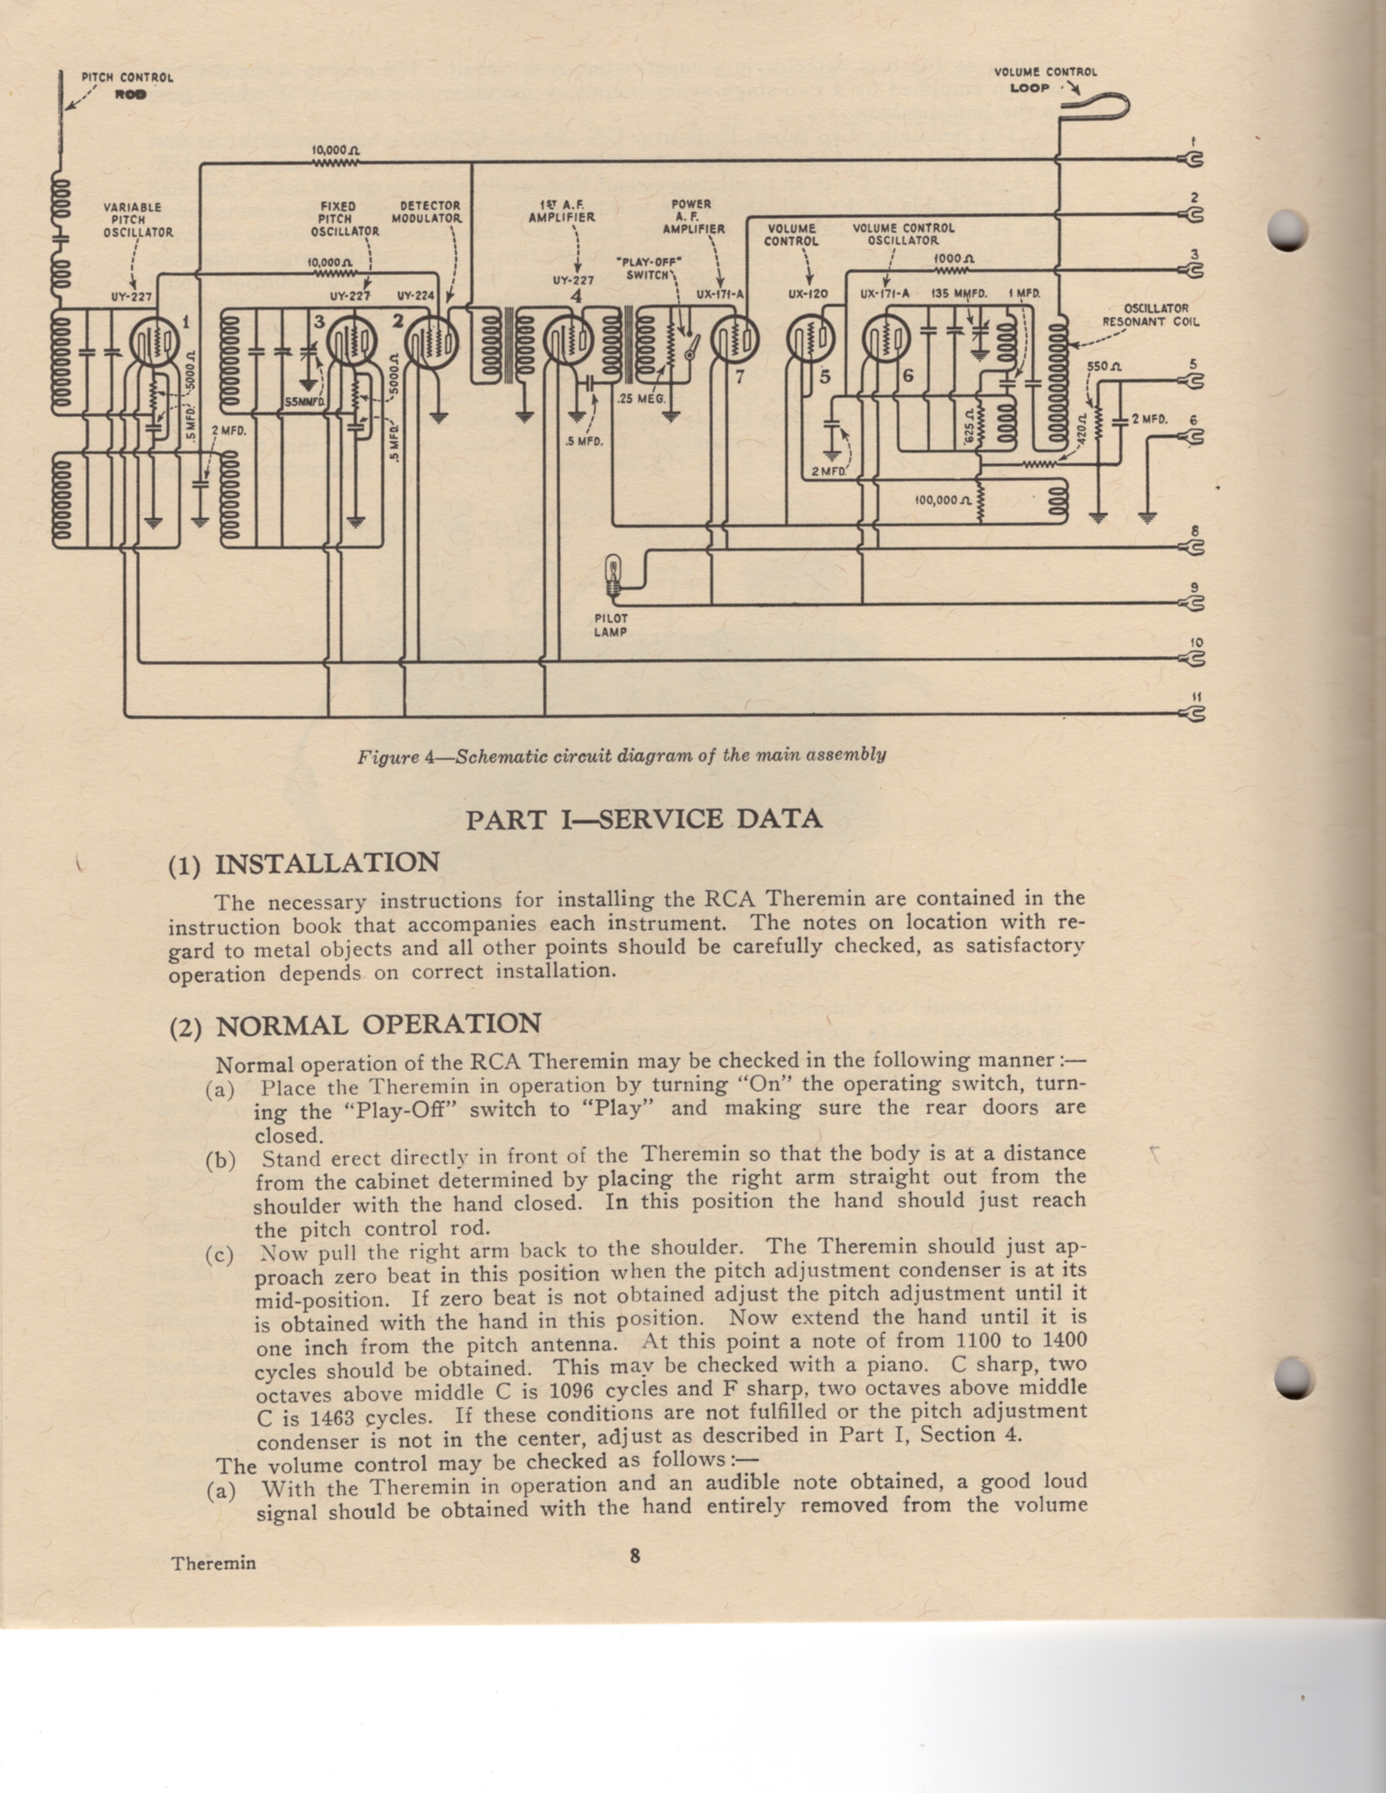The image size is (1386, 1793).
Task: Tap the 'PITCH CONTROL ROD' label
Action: (x=127, y=85)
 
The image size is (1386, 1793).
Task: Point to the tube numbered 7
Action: (x=735, y=338)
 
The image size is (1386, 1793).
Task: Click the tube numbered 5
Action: (x=810, y=338)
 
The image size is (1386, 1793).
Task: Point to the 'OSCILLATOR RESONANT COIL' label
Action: (x=1150, y=315)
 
